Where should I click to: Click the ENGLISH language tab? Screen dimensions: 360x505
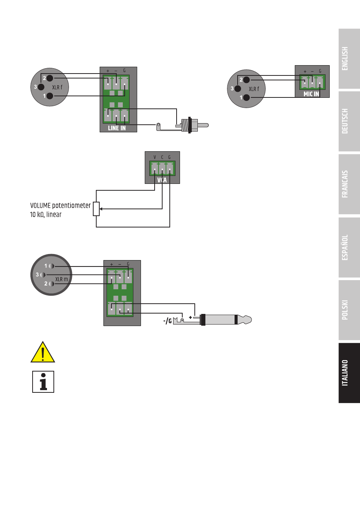click(349, 59)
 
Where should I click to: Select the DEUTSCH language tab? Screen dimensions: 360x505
click(349, 121)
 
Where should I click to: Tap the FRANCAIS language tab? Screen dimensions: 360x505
click(349, 184)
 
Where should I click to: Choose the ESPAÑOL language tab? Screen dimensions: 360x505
click(349, 247)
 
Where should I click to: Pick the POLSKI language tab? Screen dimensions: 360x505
click(349, 310)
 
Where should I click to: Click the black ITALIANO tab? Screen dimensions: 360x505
click(349, 373)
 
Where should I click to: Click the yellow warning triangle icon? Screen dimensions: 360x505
click(42, 352)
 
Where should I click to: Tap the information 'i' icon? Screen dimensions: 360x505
click(43, 382)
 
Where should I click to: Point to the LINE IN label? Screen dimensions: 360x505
click(117, 128)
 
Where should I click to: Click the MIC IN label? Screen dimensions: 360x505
click(311, 94)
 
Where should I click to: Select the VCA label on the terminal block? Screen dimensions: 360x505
click(162, 180)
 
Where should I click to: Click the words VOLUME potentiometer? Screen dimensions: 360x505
click(60, 205)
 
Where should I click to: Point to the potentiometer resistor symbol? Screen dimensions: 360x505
click(96, 209)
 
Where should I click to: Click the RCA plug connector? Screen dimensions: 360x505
click(192, 125)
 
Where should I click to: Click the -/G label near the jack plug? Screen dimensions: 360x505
click(167, 321)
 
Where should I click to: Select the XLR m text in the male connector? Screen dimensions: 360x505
click(61, 279)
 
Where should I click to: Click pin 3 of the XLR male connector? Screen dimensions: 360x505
click(42, 274)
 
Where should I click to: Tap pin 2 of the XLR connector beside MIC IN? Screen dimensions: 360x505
click(246, 80)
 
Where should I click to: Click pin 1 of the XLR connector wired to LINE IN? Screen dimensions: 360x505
click(50, 96)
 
